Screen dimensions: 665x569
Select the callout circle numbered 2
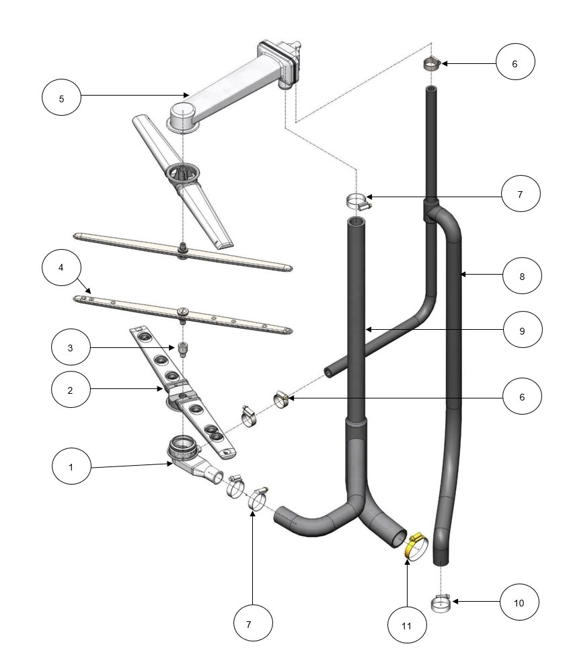pos(71,388)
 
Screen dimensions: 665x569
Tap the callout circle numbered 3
pos(71,347)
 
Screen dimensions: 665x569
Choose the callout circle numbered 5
pos(61,98)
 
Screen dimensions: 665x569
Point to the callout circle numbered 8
pos(522,275)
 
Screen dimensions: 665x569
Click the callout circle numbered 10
pos(519,602)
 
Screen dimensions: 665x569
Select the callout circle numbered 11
pos(407,625)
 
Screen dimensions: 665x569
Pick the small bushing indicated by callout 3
pos(182,349)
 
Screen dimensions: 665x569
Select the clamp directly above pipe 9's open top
pos(356,201)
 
